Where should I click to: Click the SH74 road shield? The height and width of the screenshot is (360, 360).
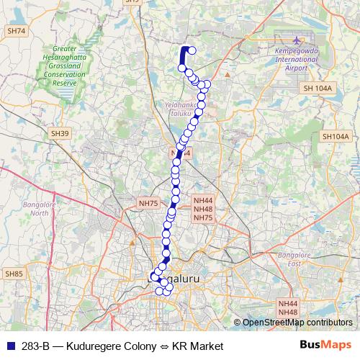(16, 31)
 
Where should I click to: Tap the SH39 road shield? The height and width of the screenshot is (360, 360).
(60, 134)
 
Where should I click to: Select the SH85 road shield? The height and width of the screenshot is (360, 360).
(14, 274)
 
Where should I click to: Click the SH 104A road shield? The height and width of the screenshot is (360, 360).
(317, 88)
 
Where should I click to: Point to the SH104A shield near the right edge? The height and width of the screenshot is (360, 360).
(335, 136)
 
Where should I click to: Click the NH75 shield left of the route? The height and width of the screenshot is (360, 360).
(148, 204)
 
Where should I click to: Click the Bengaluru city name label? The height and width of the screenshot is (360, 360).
(175, 277)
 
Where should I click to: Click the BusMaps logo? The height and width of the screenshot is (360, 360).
(325, 345)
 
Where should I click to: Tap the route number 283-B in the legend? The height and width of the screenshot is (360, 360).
(35, 346)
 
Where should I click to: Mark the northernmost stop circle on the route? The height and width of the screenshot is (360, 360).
(191, 50)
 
